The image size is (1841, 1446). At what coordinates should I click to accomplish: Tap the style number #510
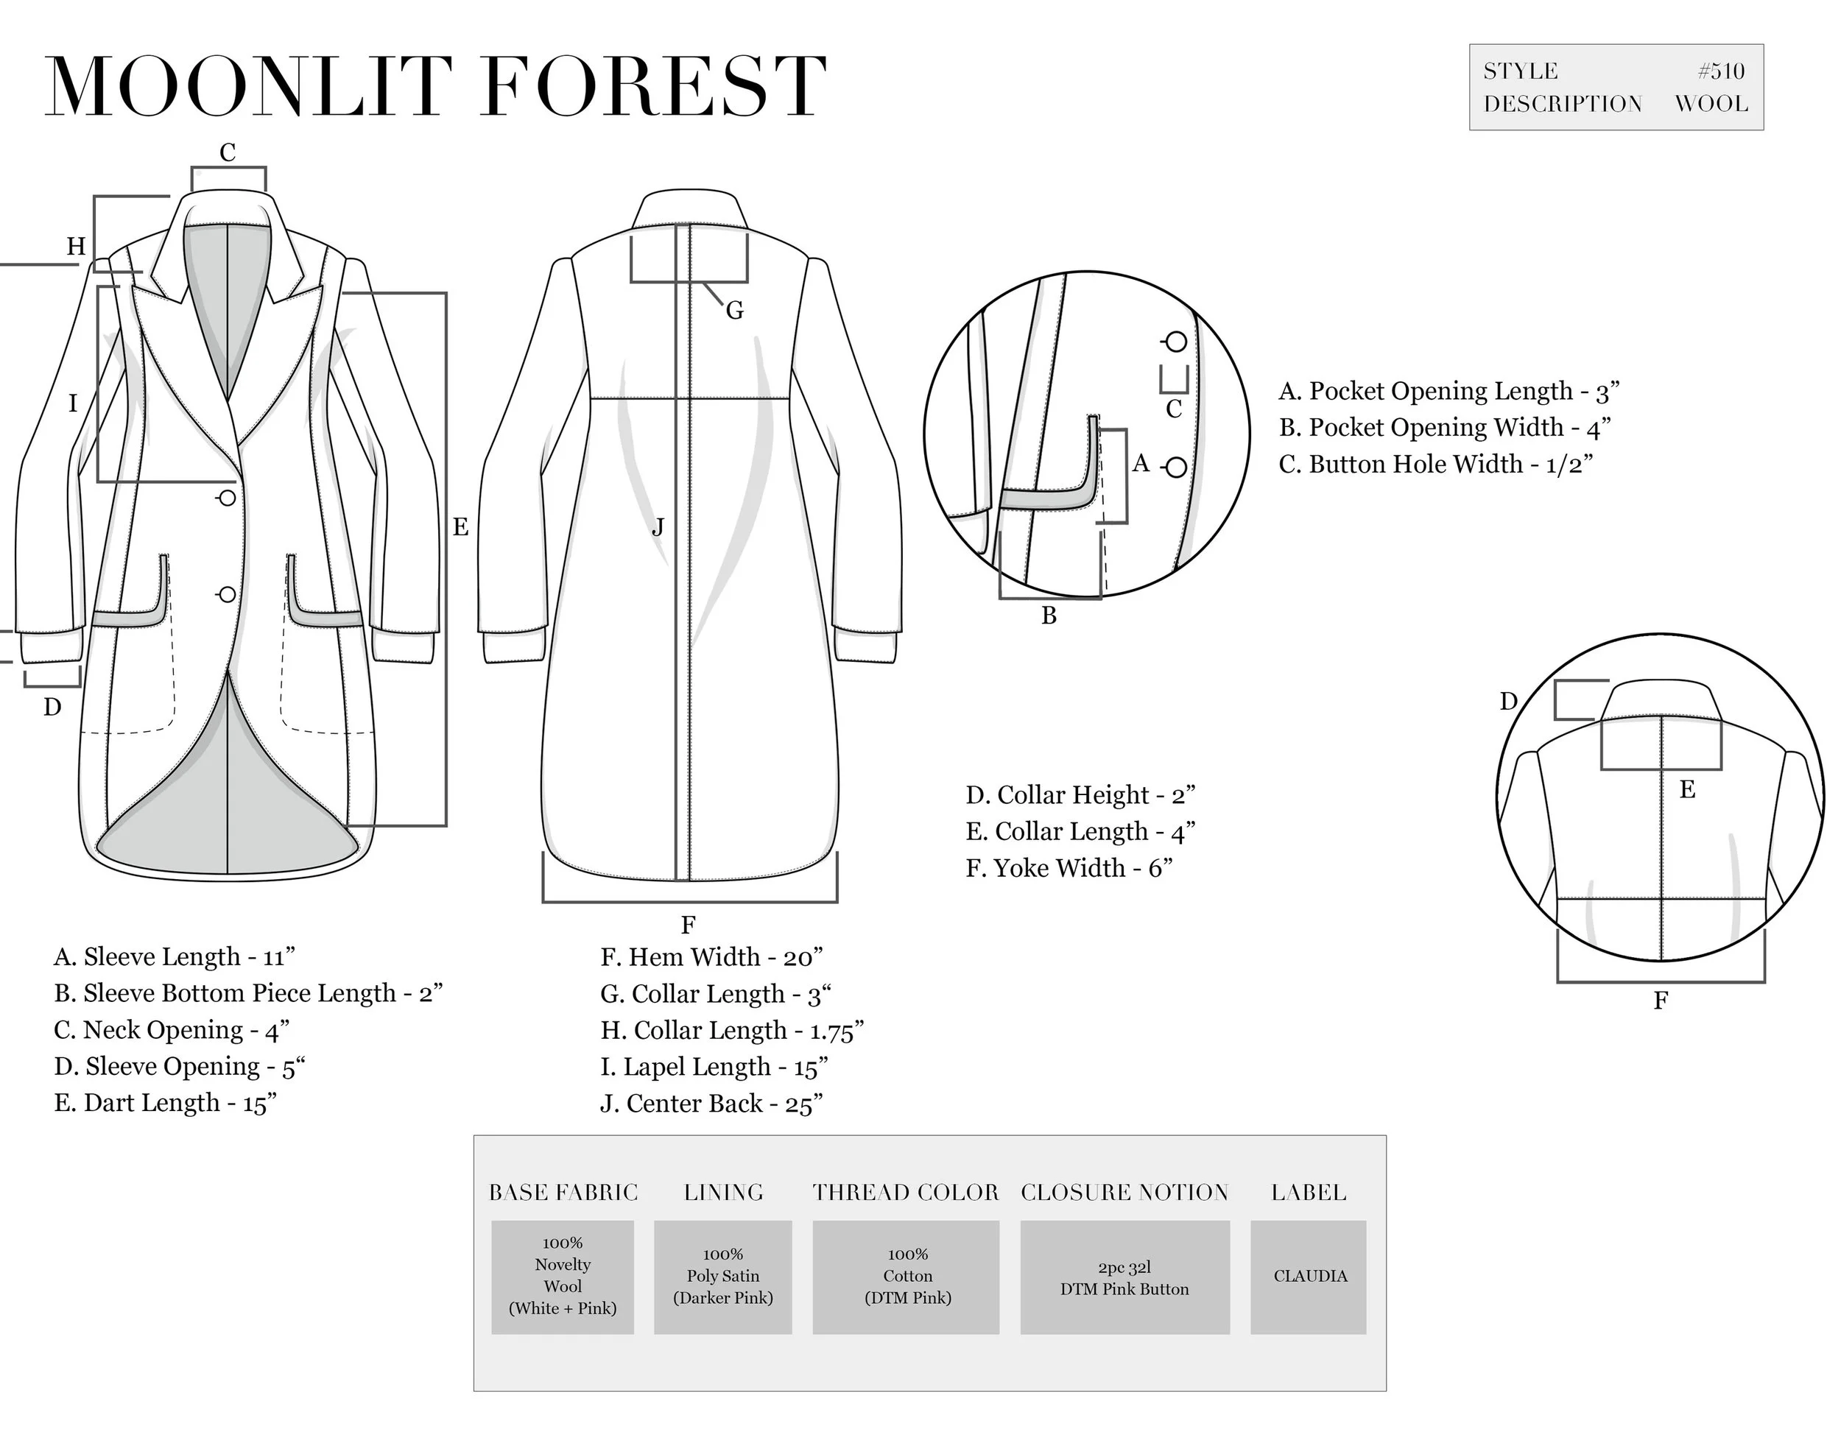(x=1721, y=71)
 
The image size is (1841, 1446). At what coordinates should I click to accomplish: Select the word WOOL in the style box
(x=1711, y=104)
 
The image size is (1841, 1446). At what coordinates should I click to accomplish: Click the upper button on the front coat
(x=227, y=498)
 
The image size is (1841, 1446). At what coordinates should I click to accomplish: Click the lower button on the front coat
(x=227, y=594)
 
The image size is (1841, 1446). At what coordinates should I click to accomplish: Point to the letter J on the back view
(x=658, y=527)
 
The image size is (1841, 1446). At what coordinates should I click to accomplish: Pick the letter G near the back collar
(x=734, y=311)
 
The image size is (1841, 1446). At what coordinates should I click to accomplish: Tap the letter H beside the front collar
(x=76, y=247)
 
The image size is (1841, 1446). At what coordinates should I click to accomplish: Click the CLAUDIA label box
(x=1309, y=1277)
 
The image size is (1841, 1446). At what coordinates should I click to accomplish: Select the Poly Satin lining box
(x=722, y=1277)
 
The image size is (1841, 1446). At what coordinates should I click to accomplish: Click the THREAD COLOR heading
(x=905, y=1193)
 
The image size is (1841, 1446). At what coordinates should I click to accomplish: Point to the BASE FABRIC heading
(x=563, y=1193)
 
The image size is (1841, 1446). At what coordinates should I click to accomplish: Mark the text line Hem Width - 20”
(x=711, y=958)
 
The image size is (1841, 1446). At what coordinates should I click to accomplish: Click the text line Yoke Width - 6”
(x=1069, y=869)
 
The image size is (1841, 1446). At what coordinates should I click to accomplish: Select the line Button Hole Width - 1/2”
(x=1435, y=465)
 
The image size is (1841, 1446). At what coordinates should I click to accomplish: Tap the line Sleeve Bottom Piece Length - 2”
(x=247, y=993)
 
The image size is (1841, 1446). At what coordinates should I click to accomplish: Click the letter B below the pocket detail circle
(x=1049, y=616)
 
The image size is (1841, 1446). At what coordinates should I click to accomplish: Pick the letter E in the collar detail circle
(x=1687, y=790)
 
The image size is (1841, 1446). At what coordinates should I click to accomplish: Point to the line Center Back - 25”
(x=711, y=1104)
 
